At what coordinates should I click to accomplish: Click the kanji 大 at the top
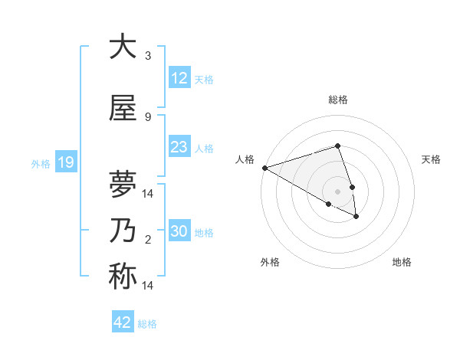click(123, 47)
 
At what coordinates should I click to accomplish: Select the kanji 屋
click(123, 108)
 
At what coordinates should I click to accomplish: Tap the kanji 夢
click(123, 185)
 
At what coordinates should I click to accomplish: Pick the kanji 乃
click(123, 231)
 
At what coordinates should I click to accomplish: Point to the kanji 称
click(123, 277)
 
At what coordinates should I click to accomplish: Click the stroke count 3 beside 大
click(148, 56)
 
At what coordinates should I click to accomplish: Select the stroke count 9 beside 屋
click(148, 116)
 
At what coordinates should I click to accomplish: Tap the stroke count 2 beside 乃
click(148, 240)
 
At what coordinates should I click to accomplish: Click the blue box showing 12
click(179, 78)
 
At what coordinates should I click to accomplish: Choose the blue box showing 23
click(179, 147)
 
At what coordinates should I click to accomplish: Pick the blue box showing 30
click(179, 231)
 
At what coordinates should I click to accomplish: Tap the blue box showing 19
click(65, 162)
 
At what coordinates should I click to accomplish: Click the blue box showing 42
click(122, 322)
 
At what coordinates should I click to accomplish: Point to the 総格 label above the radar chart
click(338, 100)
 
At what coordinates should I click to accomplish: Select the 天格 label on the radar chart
click(431, 159)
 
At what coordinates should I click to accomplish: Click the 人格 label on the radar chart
click(245, 159)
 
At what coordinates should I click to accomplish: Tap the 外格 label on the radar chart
click(270, 262)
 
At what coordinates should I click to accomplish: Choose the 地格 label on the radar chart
click(402, 262)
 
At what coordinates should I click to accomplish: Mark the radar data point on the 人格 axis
click(264, 167)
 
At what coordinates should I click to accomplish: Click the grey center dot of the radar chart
click(338, 191)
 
